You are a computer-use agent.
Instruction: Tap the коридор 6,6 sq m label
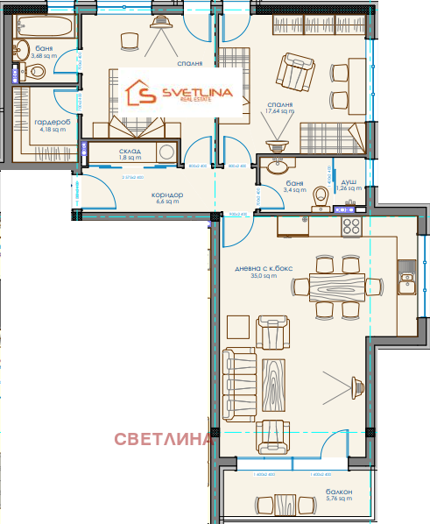pos(166,198)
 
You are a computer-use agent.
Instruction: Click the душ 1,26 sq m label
pos(348,183)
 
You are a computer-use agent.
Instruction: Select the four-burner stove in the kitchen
pos(352,226)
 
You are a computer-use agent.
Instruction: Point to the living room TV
pos(356,382)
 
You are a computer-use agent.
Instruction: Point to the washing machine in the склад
pos(164,152)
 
